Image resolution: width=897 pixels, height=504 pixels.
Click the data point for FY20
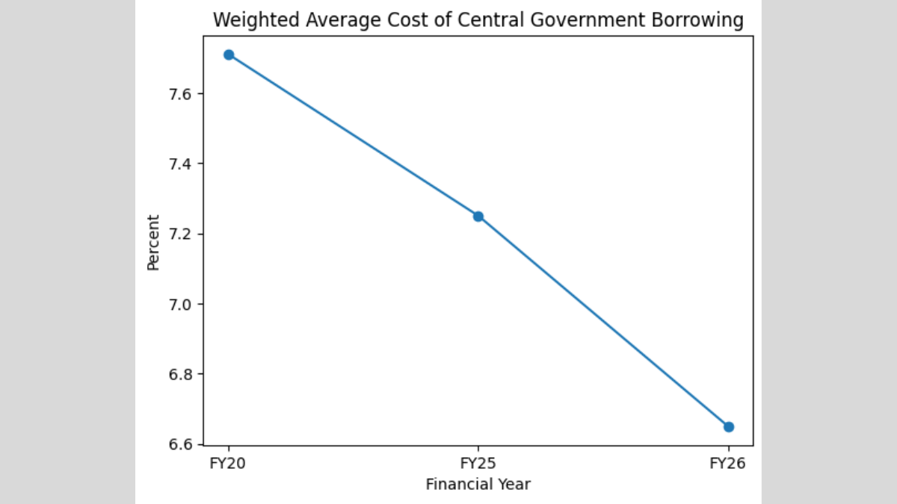coord(229,55)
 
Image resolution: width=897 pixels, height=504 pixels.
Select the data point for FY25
coord(478,217)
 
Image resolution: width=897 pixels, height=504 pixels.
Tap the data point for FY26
coord(729,427)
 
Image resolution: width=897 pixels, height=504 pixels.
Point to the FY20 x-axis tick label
coord(229,463)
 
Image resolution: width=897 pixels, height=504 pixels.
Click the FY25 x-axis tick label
coord(478,463)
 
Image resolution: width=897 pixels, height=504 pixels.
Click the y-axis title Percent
coord(153,242)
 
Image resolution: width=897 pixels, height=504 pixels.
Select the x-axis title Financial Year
coord(478,485)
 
